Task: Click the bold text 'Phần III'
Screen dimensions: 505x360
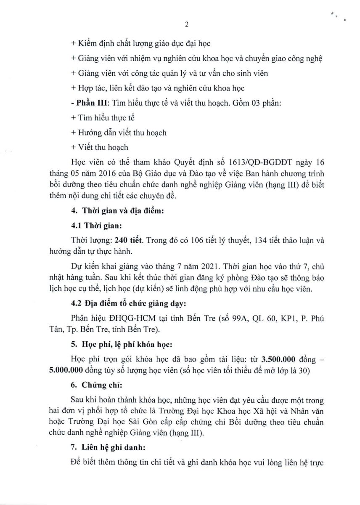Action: point(87,103)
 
